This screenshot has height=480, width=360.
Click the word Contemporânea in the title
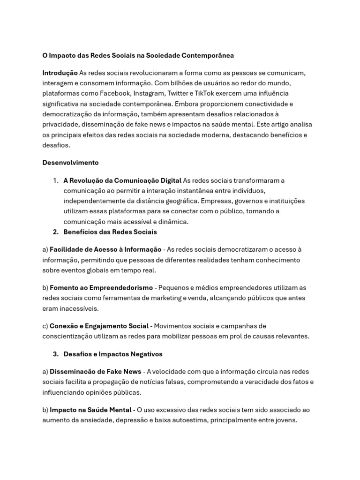208,55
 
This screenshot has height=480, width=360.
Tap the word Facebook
108,93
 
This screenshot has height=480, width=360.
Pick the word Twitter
179,93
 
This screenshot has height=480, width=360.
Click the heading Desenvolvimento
70,163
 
